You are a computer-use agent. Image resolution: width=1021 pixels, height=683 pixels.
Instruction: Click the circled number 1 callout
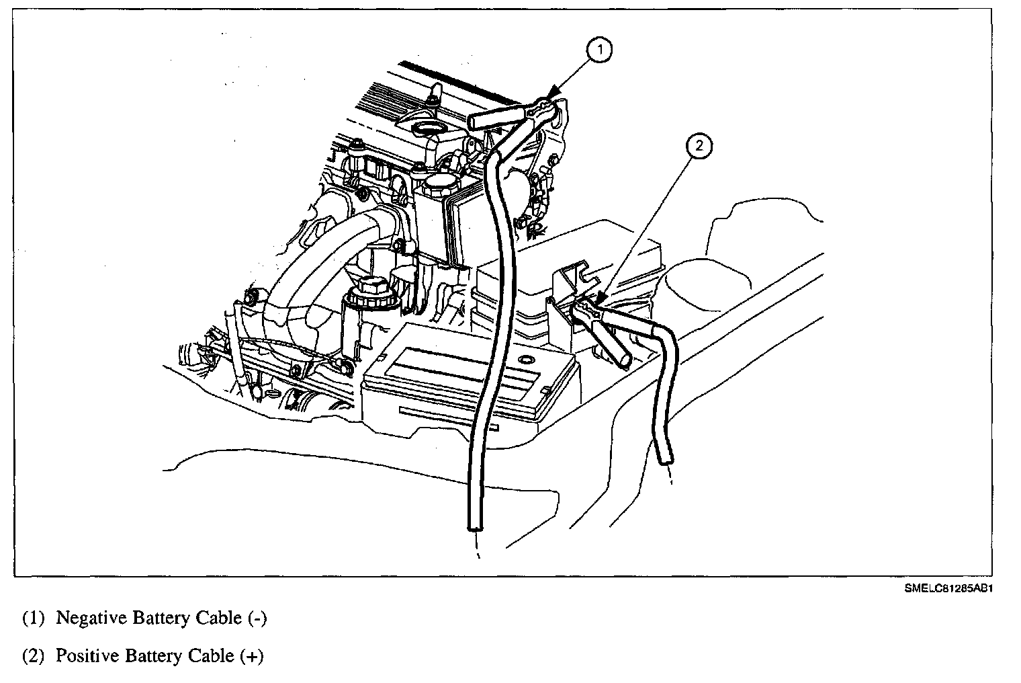[599, 50]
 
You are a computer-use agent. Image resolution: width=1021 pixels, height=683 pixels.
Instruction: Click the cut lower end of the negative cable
[475, 520]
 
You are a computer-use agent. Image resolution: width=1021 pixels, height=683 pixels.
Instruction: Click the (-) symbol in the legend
[257, 618]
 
